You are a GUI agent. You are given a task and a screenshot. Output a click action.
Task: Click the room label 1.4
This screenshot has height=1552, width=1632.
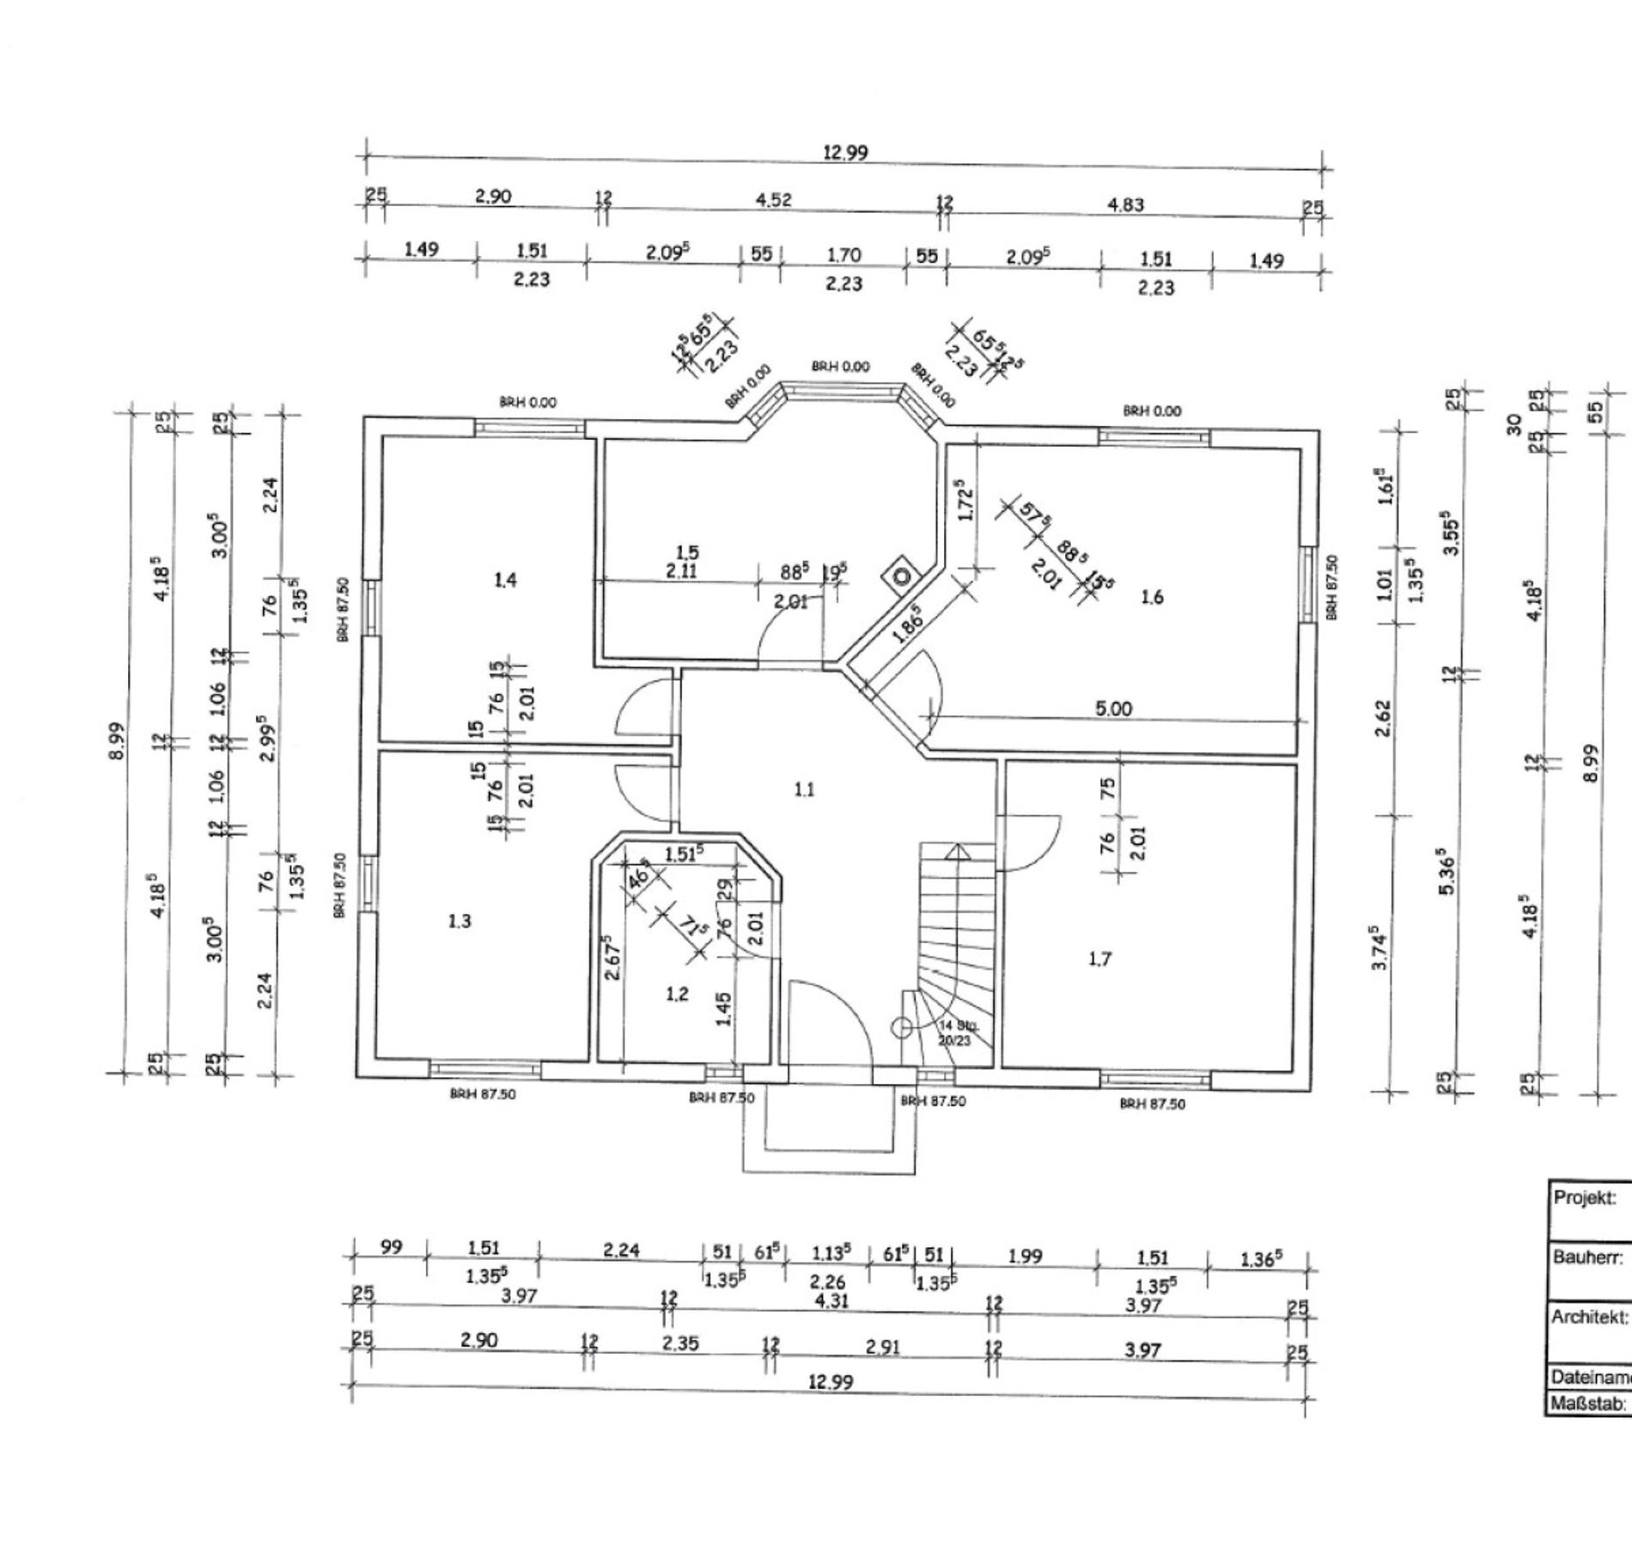pyautogui.click(x=505, y=581)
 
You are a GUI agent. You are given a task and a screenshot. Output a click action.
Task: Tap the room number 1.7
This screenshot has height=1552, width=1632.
pyautogui.click(x=1099, y=959)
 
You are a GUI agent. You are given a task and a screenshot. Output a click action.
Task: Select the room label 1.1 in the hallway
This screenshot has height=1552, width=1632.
pyautogui.click(x=804, y=789)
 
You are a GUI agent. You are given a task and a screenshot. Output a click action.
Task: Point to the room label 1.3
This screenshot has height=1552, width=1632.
pyautogui.click(x=460, y=922)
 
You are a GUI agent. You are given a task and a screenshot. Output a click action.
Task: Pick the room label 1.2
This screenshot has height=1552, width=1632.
pyautogui.click(x=677, y=995)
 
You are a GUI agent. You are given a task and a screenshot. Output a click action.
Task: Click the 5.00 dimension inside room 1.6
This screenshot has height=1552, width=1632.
pyautogui.click(x=1114, y=709)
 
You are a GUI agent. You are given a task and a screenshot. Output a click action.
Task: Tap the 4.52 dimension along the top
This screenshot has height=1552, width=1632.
pyautogui.click(x=773, y=200)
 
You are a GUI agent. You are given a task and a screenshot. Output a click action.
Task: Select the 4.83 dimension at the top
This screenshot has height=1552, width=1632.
pyautogui.click(x=1126, y=205)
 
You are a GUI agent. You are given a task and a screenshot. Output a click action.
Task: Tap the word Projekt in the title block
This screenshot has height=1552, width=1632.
pyautogui.click(x=1579, y=1198)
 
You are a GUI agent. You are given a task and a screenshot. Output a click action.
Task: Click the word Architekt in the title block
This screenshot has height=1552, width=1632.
pyautogui.click(x=1588, y=1317)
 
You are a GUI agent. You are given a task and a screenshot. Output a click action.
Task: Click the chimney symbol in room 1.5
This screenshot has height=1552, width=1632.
pyautogui.click(x=900, y=575)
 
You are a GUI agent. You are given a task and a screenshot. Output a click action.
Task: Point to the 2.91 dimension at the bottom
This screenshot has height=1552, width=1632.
pyautogui.click(x=882, y=1347)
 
